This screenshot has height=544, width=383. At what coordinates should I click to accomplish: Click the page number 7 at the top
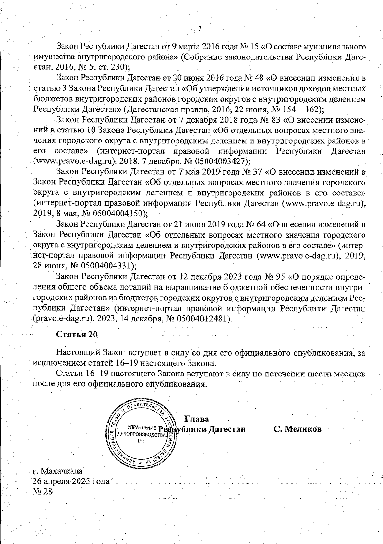(200, 29)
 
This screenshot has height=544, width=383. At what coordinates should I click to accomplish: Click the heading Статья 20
(77, 335)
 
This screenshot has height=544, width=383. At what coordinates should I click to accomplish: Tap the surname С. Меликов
(297, 429)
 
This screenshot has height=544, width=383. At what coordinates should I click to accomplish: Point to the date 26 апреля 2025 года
(71, 481)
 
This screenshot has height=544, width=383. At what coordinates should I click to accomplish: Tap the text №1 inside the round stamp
(141, 442)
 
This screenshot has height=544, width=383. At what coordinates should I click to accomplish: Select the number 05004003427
(216, 161)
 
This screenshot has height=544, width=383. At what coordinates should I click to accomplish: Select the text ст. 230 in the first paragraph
(112, 67)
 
